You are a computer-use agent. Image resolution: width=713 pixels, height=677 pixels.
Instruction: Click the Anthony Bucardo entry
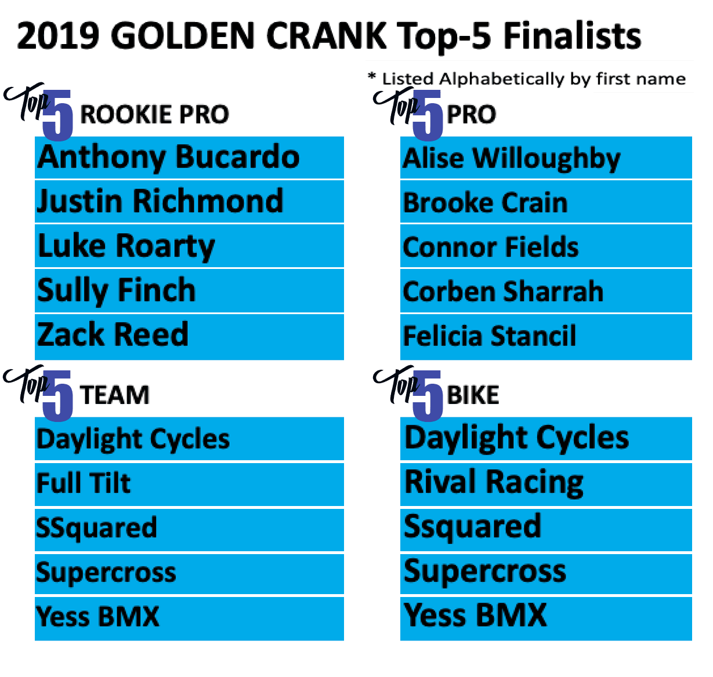coord(168,157)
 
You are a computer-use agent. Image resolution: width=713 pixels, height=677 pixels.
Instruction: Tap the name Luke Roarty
coord(126,246)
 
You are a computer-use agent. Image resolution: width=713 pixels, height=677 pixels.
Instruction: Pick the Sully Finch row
coord(117,291)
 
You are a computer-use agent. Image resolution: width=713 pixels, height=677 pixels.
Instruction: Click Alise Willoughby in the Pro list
coord(511,159)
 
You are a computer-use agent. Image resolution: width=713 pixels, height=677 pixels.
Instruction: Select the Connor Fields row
coord(490,247)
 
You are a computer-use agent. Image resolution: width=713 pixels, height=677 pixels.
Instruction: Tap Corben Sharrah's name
coord(502,291)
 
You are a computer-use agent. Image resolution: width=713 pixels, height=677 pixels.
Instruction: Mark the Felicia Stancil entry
coord(489,336)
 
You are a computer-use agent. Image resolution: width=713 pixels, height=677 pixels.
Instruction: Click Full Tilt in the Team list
coord(84,483)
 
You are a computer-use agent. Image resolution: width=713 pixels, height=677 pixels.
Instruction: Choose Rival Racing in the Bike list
coord(494,483)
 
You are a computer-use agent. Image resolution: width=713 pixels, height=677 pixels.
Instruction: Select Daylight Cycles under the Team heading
coord(133,439)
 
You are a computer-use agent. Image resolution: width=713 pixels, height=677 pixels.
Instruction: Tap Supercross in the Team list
coord(106,573)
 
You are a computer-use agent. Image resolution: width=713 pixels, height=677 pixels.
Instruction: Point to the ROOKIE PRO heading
coord(154,114)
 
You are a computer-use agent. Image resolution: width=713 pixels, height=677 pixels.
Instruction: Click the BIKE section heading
coord(473,395)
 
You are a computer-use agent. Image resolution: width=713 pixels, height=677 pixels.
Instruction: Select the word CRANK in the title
coord(327,35)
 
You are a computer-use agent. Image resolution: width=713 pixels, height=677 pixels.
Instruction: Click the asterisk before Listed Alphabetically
coord(371,76)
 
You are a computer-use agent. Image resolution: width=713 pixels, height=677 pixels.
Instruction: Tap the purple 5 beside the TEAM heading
coord(57,396)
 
